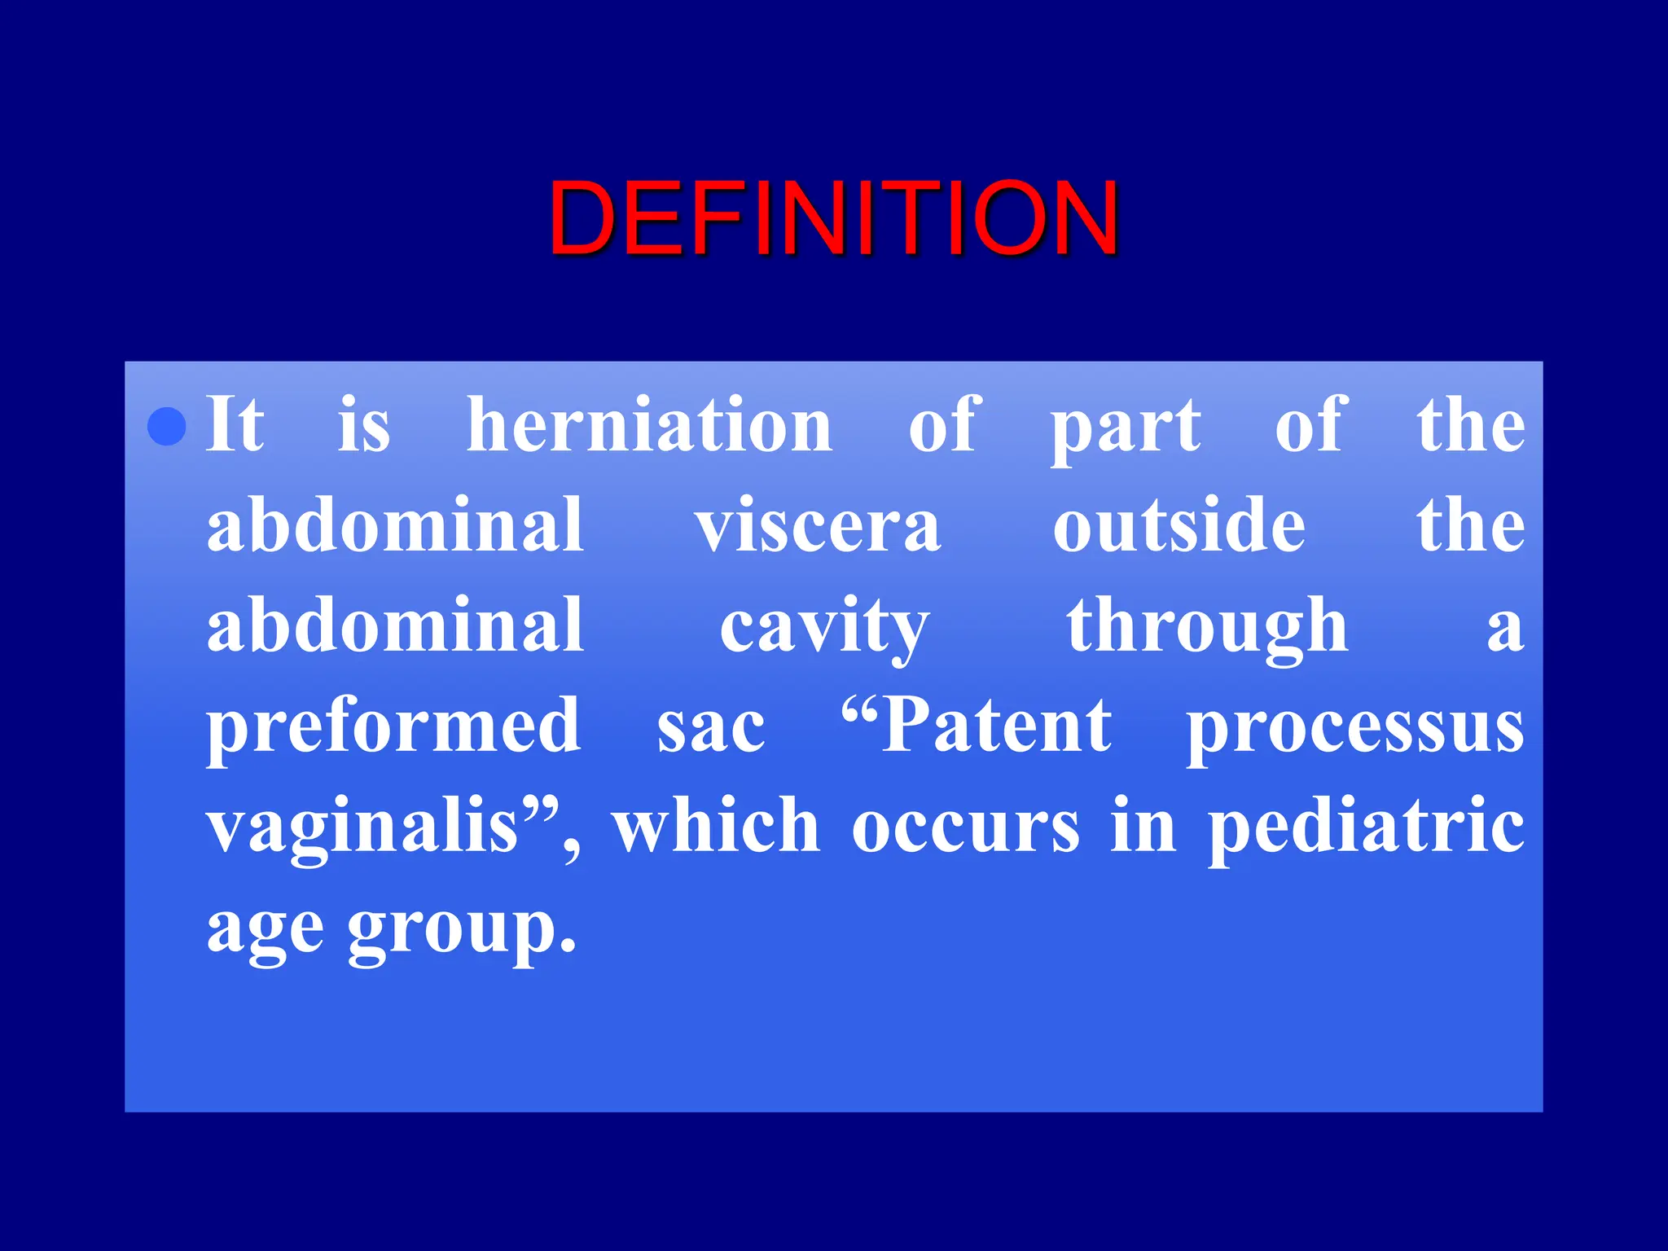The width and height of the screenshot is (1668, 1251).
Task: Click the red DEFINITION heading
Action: coord(833,218)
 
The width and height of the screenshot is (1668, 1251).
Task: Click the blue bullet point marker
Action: coord(167,425)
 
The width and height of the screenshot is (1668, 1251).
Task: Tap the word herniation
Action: coord(649,425)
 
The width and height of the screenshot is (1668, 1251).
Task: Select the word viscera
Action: coord(818,526)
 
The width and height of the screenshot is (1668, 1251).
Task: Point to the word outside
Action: coord(1179,526)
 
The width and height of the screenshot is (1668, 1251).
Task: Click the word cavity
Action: coord(823,627)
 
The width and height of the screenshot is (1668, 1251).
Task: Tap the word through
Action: coord(1207,627)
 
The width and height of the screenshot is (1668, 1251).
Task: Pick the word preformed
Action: coord(394,726)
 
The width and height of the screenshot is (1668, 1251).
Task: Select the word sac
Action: coord(711,726)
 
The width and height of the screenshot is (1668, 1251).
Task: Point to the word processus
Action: coord(1354,726)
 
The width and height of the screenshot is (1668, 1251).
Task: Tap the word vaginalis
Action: coord(362,827)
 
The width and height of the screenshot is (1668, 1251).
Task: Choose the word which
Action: coord(716,826)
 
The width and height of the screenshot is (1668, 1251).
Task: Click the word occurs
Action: coord(966,827)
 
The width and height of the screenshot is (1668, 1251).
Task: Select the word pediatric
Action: coord(1366,826)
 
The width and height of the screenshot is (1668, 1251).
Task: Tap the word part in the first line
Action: coord(1125,427)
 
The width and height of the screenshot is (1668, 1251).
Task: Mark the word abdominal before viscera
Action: coord(396,525)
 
